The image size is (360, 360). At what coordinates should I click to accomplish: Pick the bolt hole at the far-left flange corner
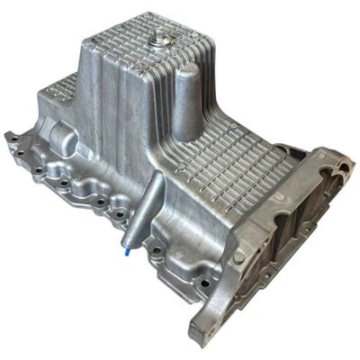12,138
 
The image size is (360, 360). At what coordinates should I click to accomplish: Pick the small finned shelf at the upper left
58,90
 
